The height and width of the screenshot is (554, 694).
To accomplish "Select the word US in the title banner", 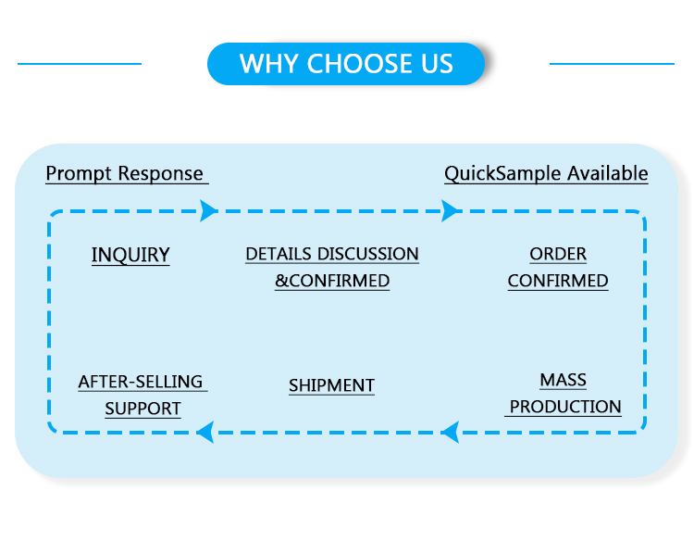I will coord(436,64).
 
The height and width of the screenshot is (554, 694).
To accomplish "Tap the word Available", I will coord(607,174).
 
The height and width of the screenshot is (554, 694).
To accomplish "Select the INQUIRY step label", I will coord(130,255).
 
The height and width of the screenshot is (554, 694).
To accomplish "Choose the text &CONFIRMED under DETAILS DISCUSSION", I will coord(332,281).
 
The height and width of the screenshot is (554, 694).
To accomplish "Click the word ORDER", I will coord(558,254).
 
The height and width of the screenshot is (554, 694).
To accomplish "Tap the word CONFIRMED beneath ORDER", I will coord(558,281).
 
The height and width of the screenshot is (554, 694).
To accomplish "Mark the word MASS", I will coord(564,380).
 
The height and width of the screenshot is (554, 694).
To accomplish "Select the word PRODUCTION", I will coord(565,407).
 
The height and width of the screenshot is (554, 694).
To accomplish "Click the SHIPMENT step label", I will coord(331,385).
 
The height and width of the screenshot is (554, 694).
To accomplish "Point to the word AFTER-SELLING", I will coord(141,382).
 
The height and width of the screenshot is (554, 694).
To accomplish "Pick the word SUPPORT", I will coord(143,409).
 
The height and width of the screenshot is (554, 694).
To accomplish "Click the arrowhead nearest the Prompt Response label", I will coord(208,211).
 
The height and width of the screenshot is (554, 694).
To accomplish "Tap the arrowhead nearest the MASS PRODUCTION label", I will coord(451,431).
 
